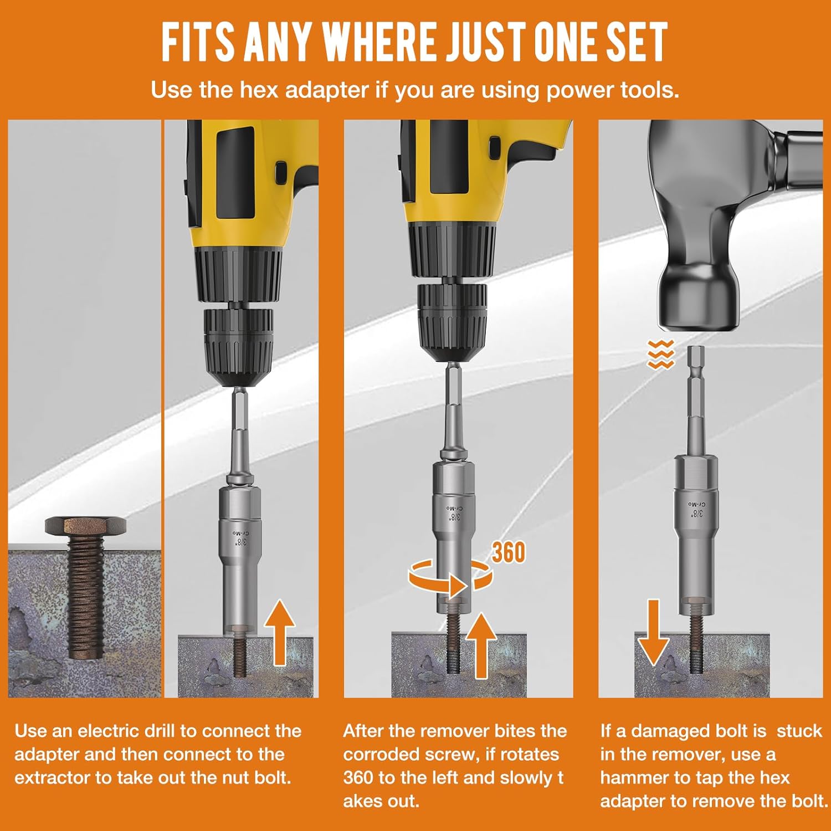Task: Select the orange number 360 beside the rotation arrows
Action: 508,552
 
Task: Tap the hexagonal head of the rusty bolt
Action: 85,526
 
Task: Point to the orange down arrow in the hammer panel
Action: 653,632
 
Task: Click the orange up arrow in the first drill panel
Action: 279,632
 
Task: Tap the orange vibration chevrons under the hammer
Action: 660,355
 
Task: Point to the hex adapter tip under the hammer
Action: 695,355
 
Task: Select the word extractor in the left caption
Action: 53,778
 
